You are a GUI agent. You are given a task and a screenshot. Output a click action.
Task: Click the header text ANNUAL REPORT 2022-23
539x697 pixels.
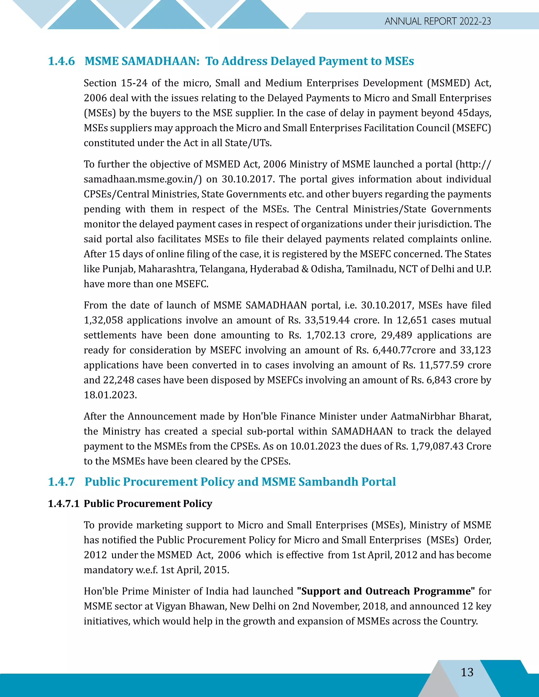[x=437, y=21]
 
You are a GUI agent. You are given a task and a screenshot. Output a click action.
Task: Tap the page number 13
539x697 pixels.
[x=467, y=673]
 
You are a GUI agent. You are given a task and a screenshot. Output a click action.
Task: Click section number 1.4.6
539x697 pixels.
[x=61, y=61]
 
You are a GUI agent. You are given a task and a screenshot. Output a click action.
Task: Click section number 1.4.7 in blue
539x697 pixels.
[x=61, y=482]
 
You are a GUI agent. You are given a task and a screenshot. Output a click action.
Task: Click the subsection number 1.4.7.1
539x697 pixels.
[x=63, y=504]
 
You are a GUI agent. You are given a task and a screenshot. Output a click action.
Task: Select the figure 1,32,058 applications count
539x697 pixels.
[x=103, y=320]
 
